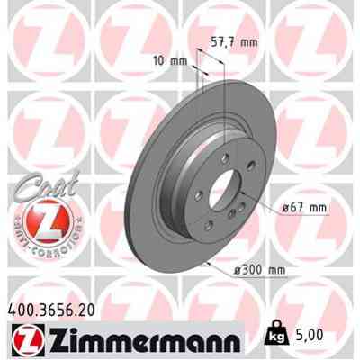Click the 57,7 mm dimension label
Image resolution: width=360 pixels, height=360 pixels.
coord(237,41)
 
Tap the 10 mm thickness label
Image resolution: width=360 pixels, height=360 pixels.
coord(170,61)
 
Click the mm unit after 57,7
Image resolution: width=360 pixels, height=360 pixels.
coord(254,41)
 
